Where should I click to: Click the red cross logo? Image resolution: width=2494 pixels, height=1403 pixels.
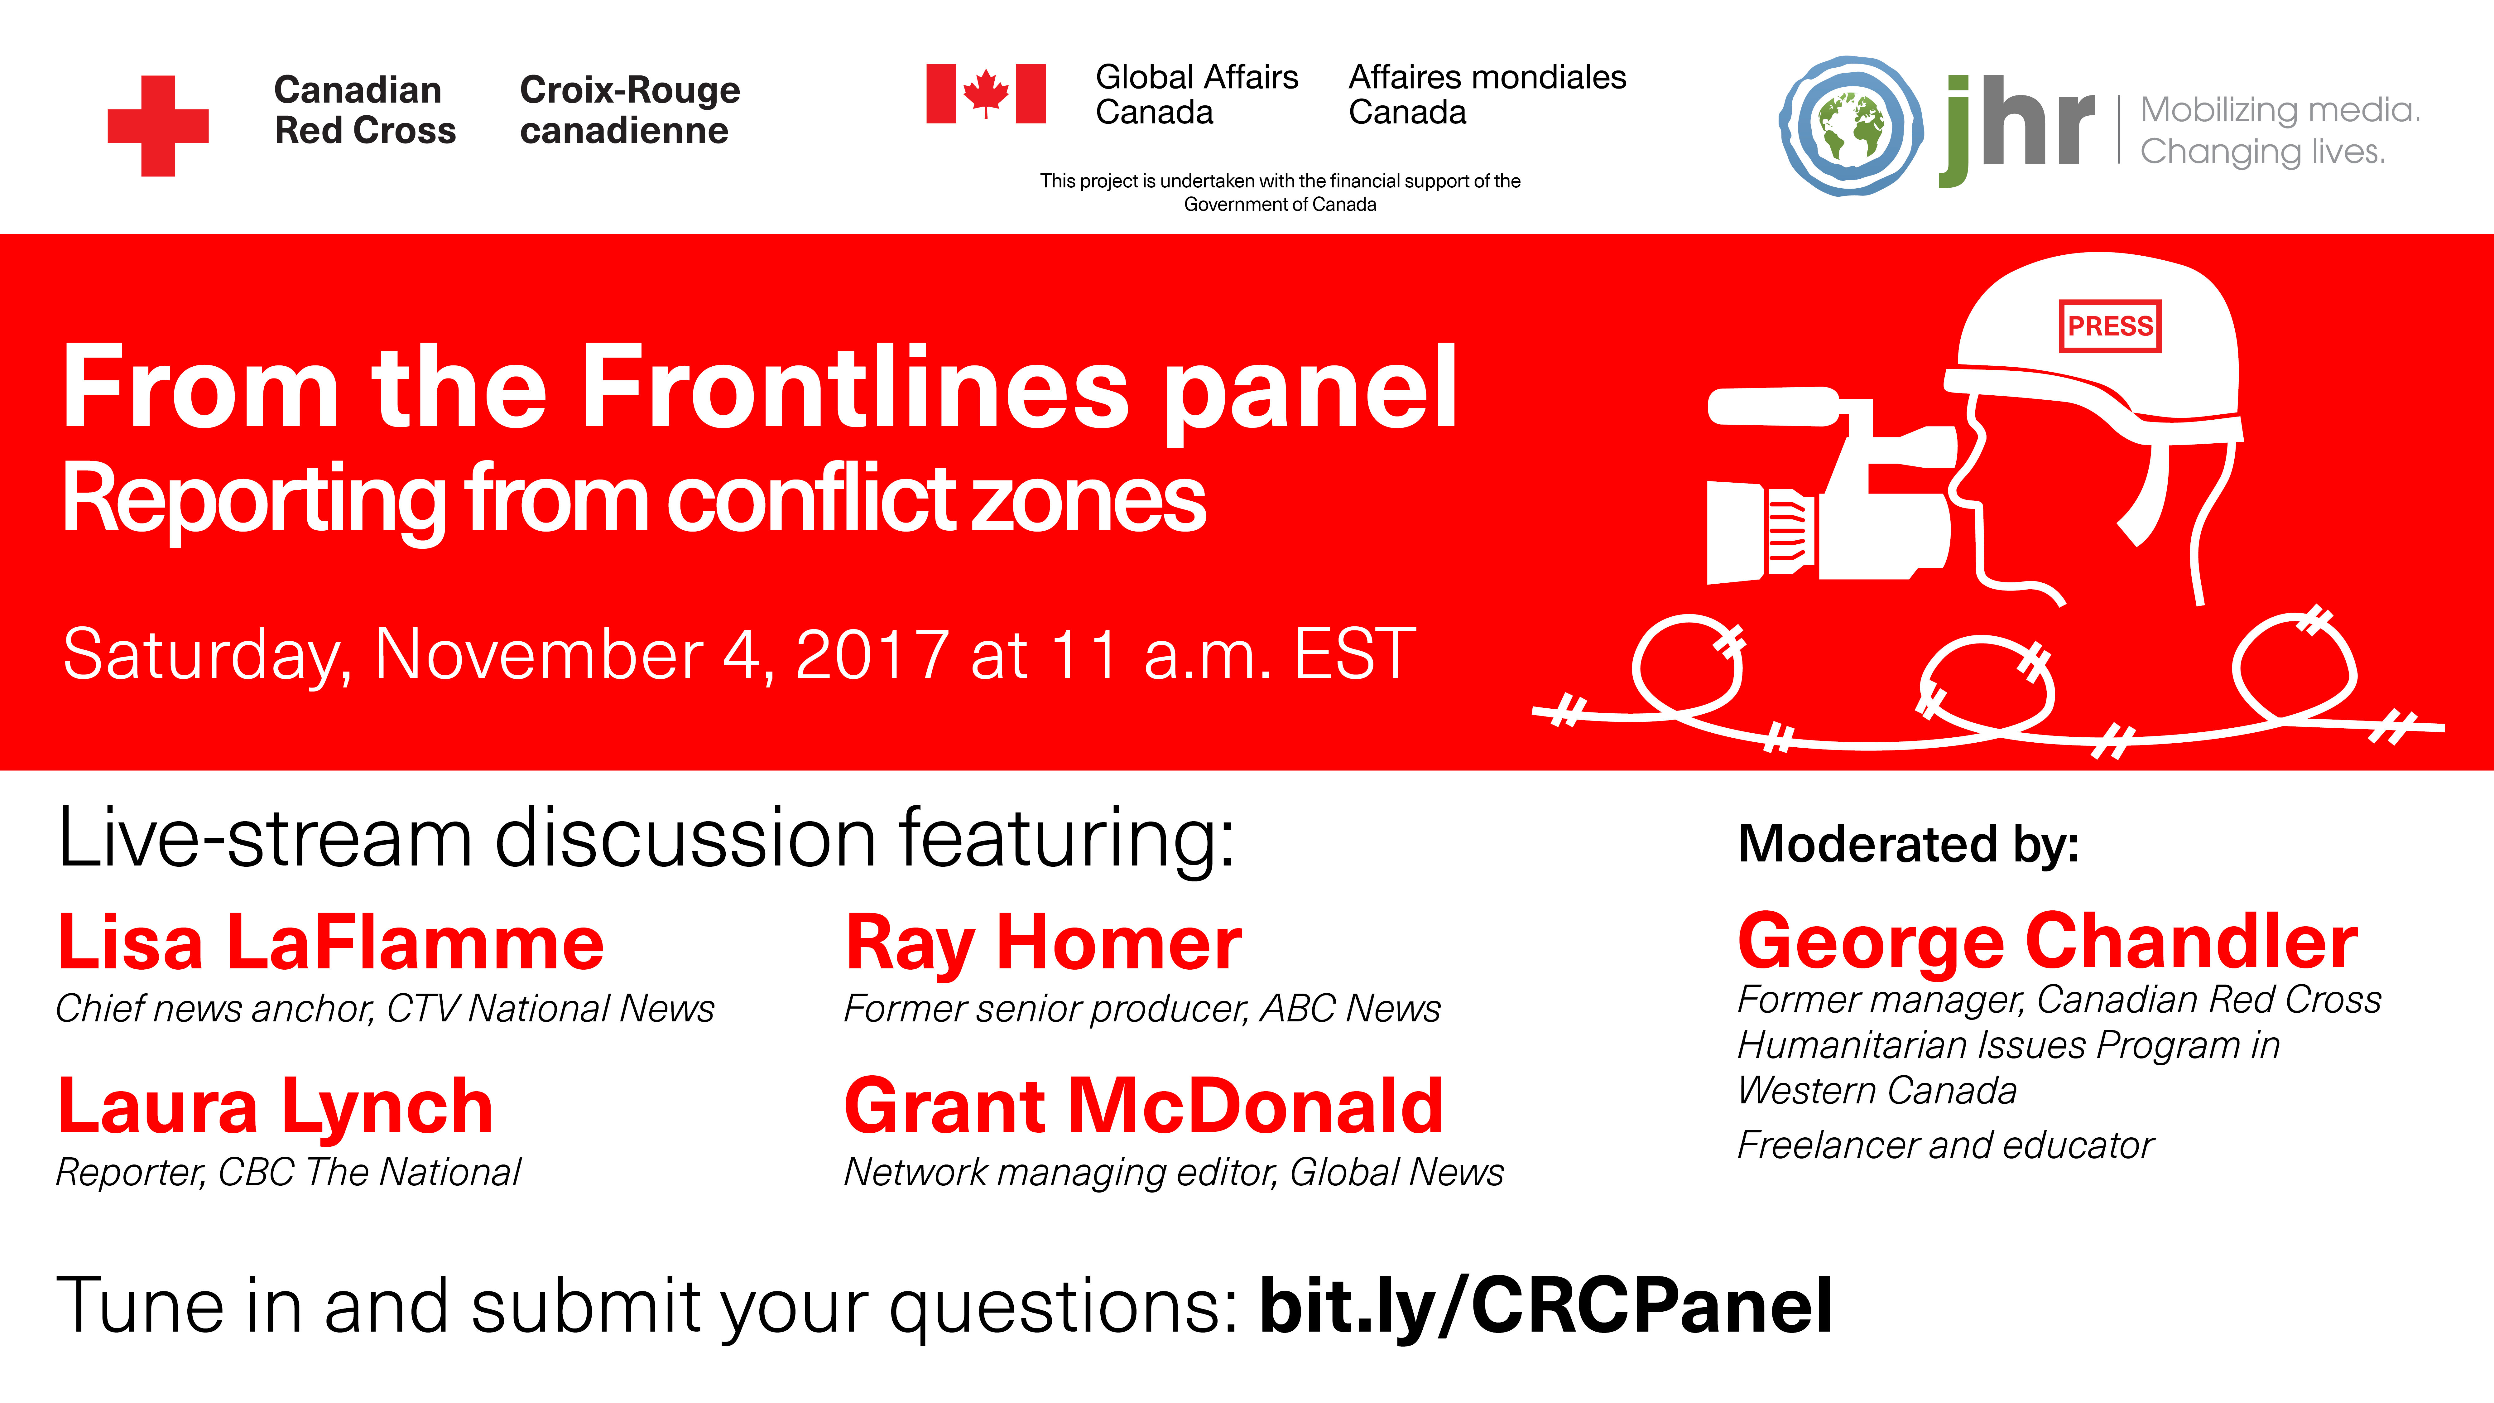[x=158, y=126]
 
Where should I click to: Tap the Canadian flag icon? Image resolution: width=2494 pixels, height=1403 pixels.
[x=986, y=94]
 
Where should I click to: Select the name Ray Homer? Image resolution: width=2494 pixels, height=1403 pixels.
[x=1044, y=944]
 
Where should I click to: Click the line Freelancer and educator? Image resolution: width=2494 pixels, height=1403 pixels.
[x=1945, y=1145]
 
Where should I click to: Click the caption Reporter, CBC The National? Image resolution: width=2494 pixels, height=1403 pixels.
[x=289, y=1173]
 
